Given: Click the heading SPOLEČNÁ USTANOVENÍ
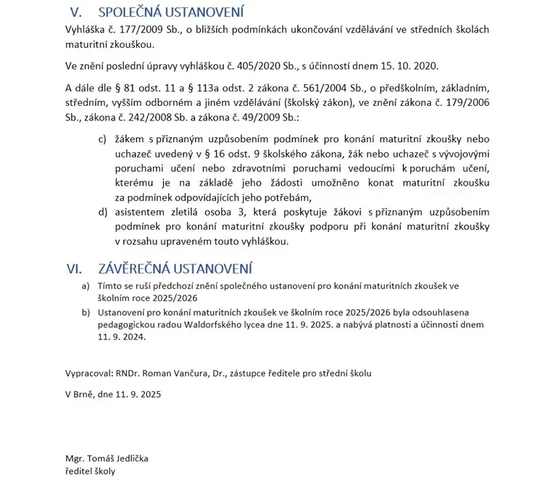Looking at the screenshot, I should coord(171,12).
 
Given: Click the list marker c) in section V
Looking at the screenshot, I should coord(102,139).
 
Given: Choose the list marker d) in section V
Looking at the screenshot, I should coord(102,212).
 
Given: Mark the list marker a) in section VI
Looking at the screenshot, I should coord(86,287).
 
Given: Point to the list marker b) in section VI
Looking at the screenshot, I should coord(86,311).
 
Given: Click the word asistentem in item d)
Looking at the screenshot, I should coord(144,212).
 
